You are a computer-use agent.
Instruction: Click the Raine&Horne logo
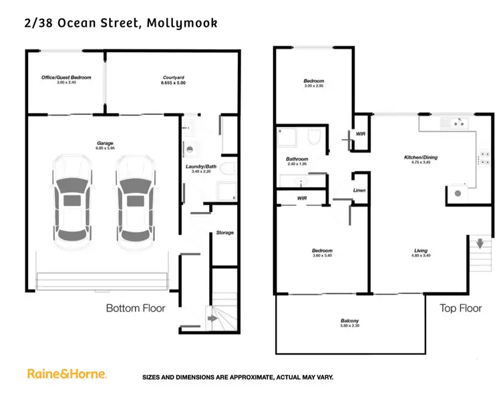point(67,374)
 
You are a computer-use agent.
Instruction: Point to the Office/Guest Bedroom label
point(66,77)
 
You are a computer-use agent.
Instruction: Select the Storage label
point(225,233)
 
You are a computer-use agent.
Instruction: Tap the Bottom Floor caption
point(136,308)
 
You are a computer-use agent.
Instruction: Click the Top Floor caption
point(460,308)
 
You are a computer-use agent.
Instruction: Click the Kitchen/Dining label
point(421,158)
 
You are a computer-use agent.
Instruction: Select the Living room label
point(421,251)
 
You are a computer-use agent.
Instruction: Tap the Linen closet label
point(359,190)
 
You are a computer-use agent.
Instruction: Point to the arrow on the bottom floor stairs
point(212,319)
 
